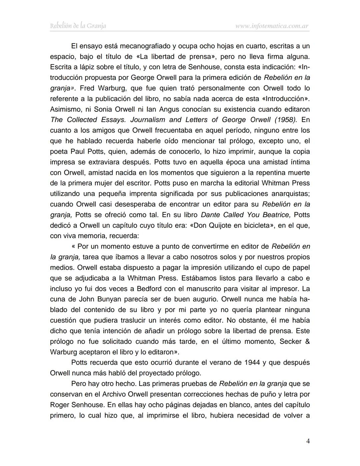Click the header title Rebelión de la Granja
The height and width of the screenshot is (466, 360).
78,26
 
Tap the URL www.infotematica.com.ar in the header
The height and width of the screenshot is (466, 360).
272,26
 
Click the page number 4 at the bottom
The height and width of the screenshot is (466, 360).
308,441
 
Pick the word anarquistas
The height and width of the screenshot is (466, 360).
289,194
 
